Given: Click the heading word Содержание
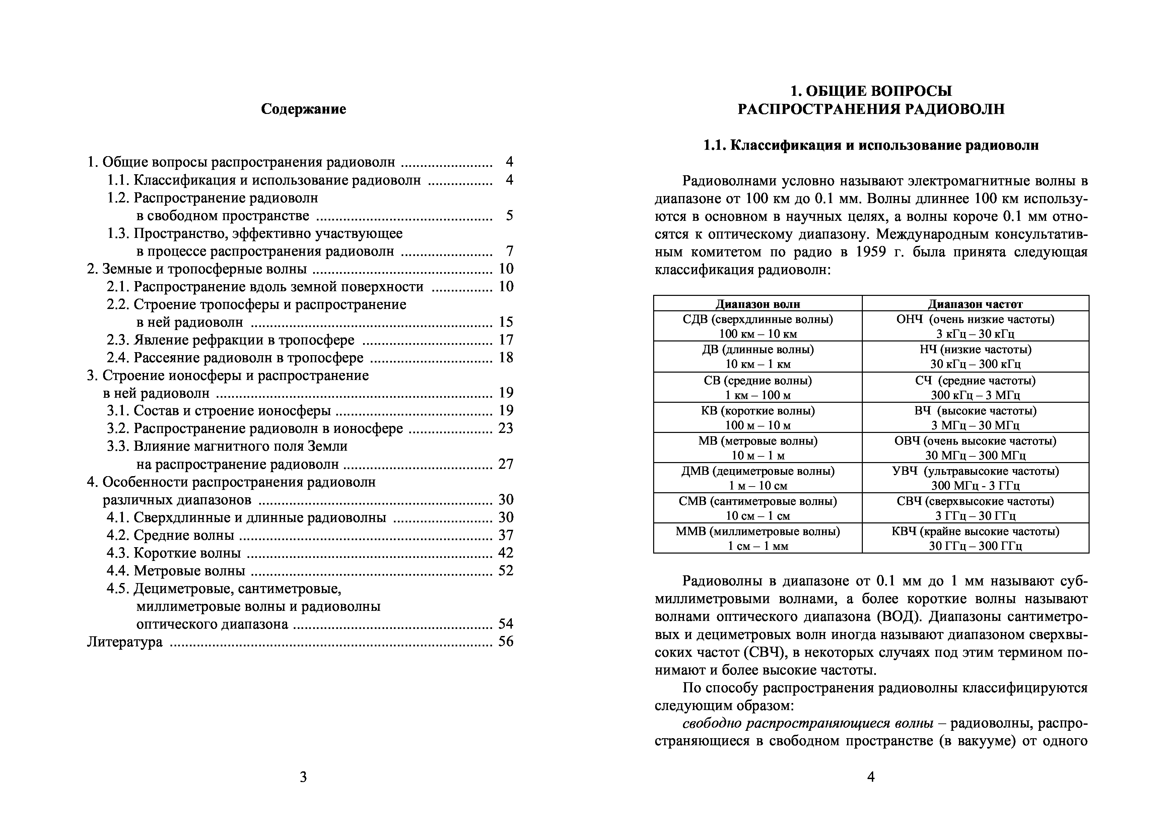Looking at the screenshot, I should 303,109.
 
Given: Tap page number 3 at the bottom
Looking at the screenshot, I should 303,777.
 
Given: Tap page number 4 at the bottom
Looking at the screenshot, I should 871,777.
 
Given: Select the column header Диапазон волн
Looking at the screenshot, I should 757,304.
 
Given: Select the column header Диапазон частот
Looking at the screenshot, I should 975,304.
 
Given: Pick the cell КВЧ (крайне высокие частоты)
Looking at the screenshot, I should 975,531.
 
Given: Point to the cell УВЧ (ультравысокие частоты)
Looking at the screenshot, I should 975,471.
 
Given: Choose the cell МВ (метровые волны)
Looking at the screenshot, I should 757,441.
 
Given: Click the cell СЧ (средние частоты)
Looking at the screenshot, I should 975,380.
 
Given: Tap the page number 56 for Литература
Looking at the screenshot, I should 506,642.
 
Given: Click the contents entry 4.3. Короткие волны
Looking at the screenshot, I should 174,553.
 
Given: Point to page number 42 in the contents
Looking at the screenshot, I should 506,553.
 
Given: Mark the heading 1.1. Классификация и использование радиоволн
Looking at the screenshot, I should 871,145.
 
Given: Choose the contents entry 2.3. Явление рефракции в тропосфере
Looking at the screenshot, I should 230,340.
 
